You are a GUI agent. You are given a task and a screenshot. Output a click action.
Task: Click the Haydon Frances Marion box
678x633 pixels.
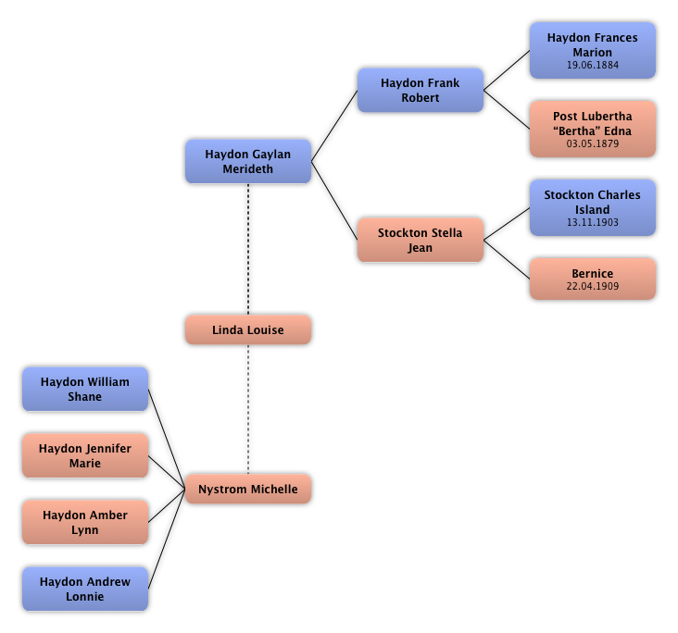pyautogui.click(x=592, y=50)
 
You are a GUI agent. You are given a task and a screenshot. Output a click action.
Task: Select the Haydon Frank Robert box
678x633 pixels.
pyautogui.click(x=420, y=90)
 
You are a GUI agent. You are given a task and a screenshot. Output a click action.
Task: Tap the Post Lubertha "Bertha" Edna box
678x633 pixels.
pyautogui.click(x=592, y=129)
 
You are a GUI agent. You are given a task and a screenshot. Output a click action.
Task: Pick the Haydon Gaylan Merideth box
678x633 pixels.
pyautogui.click(x=247, y=161)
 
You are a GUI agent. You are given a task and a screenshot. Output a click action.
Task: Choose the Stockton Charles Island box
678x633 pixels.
pyautogui.click(x=592, y=207)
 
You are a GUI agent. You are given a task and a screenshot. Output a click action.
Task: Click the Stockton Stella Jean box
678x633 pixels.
pyautogui.click(x=420, y=240)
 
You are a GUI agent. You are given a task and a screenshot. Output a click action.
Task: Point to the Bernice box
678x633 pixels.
pyautogui.click(x=592, y=279)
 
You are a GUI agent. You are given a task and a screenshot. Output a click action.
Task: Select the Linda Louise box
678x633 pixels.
pyautogui.click(x=247, y=329)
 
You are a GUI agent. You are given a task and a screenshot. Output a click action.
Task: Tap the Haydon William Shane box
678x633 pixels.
pyautogui.click(x=84, y=389)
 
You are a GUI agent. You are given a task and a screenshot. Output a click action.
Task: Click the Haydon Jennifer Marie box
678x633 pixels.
pyautogui.click(x=84, y=455)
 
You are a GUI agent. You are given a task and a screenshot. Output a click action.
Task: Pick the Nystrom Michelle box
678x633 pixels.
pyautogui.click(x=247, y=489)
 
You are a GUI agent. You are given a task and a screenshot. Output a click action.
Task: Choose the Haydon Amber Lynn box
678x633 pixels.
pyautogui.click(x=84, y=522)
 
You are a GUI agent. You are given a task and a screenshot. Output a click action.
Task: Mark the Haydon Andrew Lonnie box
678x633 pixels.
pyautogui.click(x=84, y=589)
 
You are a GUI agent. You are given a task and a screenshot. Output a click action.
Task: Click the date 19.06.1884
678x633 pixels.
pyautogui.click(x=592, y=66)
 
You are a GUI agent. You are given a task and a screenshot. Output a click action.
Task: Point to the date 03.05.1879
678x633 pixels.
pyautogui.click(x=592, y=144)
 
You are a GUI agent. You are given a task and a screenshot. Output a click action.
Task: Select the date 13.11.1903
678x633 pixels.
pyautogui.click(x=592, y=223)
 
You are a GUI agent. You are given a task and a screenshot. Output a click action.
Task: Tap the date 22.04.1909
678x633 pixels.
pyautogui.click(x=592, y=287)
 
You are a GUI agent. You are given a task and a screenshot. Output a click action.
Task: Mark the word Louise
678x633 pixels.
pyautogui.click(x=265, y=329)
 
